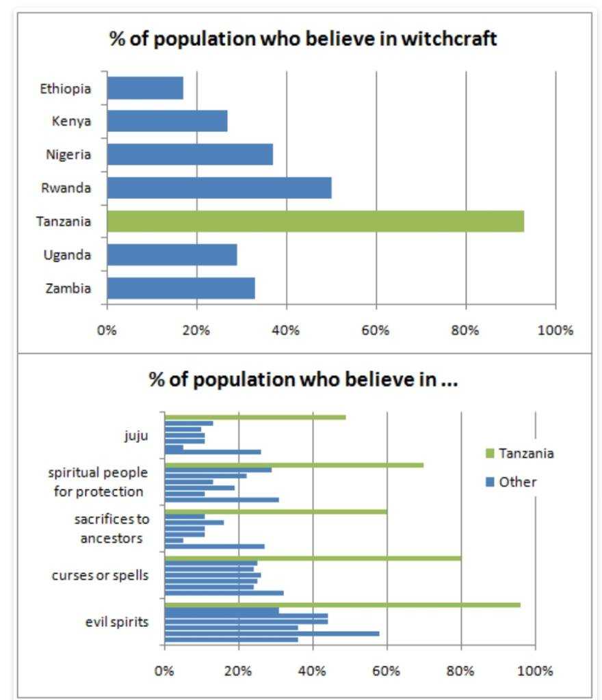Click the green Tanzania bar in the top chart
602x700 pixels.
(x=315, y=221)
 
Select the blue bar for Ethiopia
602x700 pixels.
(x=145, y=88)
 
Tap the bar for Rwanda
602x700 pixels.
(x=219, y=188)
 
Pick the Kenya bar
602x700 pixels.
(x=167, y=121)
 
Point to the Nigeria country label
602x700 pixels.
(x=68, y=154)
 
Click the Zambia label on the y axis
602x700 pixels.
(x=68, y=288)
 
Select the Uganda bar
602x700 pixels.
(x=172, y=255)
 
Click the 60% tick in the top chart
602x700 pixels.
(x=376, y=331)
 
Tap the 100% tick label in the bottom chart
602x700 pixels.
(x=536, y=671)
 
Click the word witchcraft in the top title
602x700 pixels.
(x=449, y=40)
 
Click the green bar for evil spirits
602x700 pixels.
(x=342, y=605)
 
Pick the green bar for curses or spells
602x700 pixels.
(x=313, y=558)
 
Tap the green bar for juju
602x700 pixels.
(x=255, y=417)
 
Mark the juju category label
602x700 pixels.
(x=136, y=435)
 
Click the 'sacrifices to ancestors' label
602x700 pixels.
(x=112, y=528)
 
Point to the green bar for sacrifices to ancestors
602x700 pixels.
(x=276, y=511)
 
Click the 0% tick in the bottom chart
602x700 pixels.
(x=164, y=671)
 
